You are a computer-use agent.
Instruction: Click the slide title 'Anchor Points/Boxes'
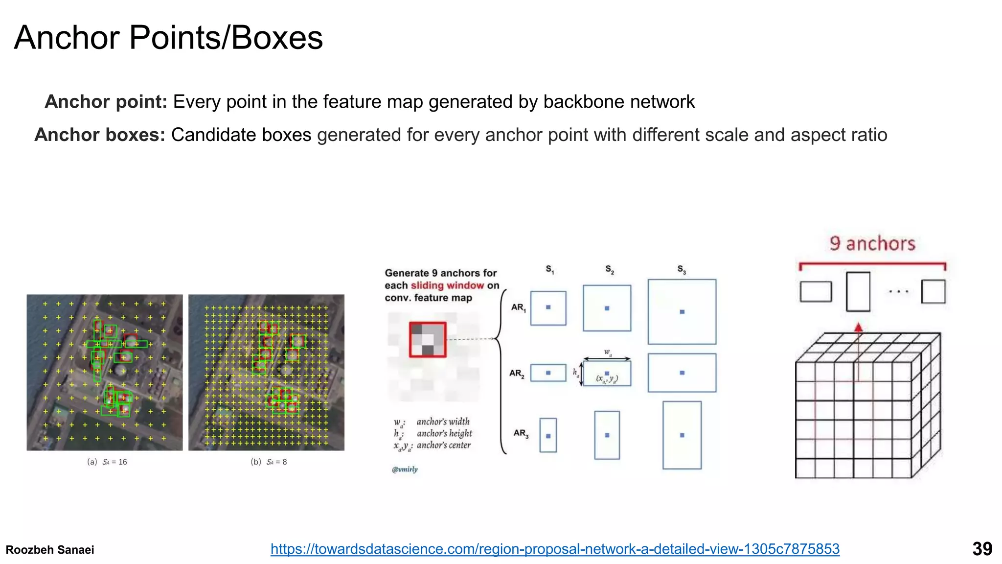click(168, 38)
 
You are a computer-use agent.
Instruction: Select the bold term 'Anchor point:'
click(106, 102)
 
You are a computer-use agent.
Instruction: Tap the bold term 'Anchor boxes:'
click(100, 135)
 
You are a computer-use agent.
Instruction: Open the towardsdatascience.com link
click(555, 549)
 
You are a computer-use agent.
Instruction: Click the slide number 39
click(982, 549)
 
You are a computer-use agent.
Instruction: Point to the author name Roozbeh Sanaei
click(50, 550)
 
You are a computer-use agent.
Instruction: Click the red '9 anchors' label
click(872, 243)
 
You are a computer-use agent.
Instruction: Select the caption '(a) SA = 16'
click(107, 462)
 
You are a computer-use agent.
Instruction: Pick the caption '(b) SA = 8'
click(269, 462)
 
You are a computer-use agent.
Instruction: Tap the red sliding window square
click(428, 339)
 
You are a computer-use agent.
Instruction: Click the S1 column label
click(550, 269)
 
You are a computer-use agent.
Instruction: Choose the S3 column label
click(682, 269)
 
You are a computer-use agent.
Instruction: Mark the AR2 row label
click(517, 374)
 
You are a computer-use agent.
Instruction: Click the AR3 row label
click(521, 433)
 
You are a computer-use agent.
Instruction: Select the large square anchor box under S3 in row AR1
click(682, 312)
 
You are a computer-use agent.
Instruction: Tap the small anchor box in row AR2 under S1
click(548, 373)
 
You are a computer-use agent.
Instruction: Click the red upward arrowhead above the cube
click(858, 328)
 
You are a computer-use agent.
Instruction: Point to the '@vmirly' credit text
click(405, 470)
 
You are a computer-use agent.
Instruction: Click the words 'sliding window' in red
click(447, 285)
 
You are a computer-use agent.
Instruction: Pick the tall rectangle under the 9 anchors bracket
click(858, 291)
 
